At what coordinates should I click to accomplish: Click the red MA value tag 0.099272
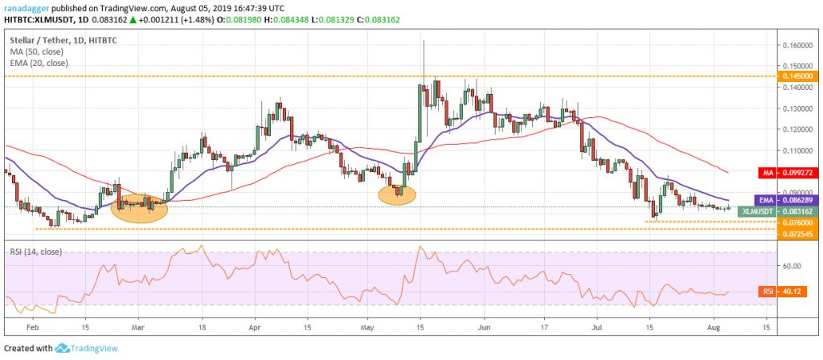coord(792,172)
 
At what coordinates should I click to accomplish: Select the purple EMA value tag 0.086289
coord(792,198)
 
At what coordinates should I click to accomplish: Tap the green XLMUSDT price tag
coord(792,210)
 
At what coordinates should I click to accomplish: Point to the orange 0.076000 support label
coord(792,222)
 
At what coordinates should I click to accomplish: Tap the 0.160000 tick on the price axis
coord(791,45)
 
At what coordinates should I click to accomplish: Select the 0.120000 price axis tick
coord(791,129)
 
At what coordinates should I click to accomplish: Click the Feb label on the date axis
coord(31,329)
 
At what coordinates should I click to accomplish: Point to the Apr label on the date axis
coord(256,329)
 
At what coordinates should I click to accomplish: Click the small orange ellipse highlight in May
coord(396,193)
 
